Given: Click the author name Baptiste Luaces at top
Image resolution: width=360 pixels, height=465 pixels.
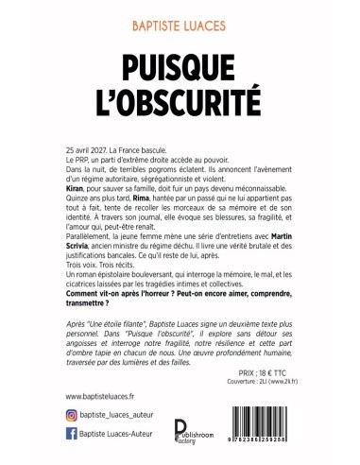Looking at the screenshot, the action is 180,16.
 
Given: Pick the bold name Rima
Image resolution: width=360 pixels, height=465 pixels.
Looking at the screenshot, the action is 157,198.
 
